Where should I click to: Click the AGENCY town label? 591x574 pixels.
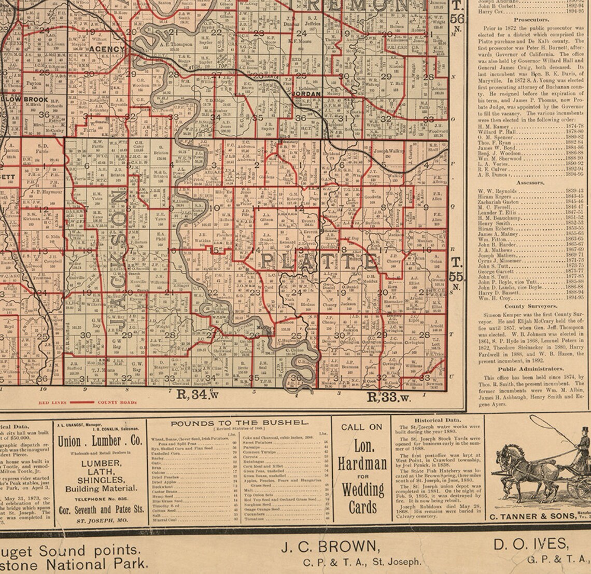pos(107,49)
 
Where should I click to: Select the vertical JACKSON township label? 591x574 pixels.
pos(119,264)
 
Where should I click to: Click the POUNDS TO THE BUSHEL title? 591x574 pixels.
pos(240,423)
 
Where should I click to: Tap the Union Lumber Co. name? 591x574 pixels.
pos(100,441)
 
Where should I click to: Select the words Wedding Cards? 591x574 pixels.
pos(362,498)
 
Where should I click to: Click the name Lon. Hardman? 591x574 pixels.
pos(362,455)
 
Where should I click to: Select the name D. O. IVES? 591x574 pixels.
pos(531,544)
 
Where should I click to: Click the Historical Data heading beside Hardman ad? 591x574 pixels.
pos(438,420)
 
